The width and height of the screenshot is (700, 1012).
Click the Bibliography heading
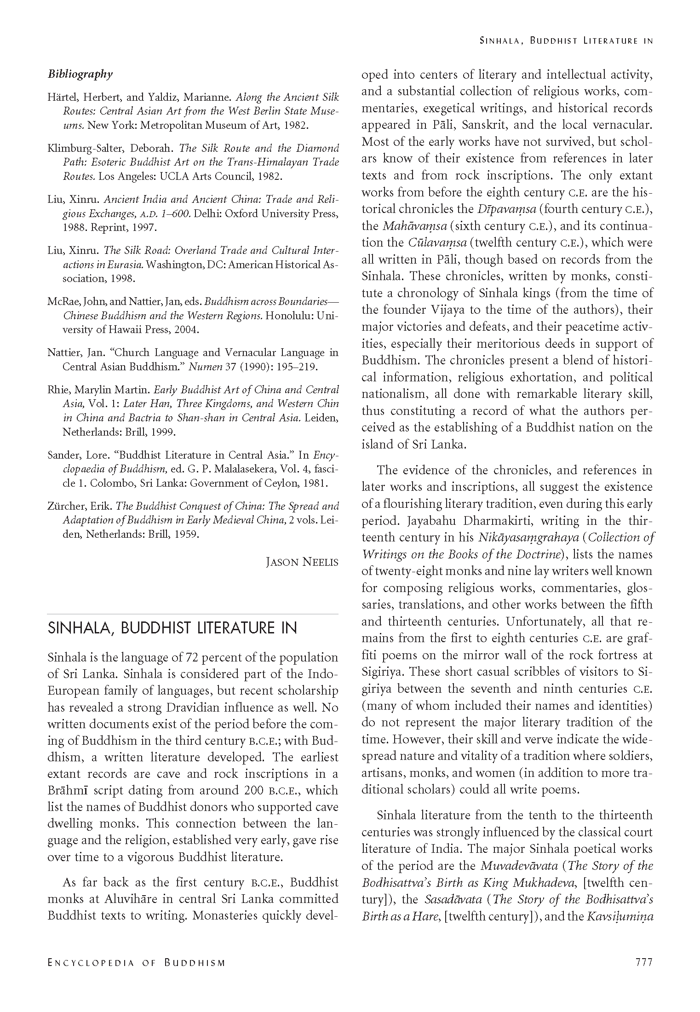point(80,74)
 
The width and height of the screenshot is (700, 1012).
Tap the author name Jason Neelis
point(302,562)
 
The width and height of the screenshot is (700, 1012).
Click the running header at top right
point(566,40)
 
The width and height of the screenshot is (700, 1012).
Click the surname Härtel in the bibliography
point(61,98)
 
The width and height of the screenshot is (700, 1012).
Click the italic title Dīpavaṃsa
point(504,209)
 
